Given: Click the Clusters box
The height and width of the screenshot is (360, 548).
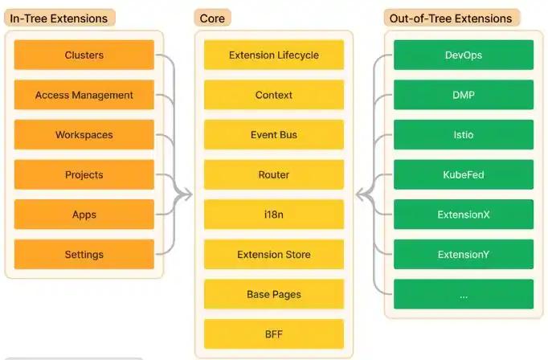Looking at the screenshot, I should (x=84, y=55).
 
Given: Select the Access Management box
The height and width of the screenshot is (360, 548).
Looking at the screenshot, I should (x=84, y=95).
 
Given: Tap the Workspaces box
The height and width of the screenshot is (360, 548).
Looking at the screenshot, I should (x=84, y=135).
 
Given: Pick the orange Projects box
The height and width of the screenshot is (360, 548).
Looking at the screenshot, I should (x=84, y=174).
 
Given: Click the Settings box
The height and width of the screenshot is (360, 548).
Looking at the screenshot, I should (x=84, y=255).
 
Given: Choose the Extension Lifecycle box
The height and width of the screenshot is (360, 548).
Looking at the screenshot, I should (x=274, y=55).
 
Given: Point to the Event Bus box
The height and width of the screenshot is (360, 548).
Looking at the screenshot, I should (x=274, y=135).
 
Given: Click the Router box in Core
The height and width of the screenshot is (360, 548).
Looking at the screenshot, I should (x=274, y=174).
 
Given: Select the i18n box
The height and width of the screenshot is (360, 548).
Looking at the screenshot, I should (x=274, y=215).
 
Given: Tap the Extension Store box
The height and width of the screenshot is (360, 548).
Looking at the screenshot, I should (x=274, y=255).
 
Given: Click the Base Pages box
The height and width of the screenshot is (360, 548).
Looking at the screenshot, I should (x=274, y=294).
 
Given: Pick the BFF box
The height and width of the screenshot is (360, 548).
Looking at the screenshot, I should (x=274, y=333).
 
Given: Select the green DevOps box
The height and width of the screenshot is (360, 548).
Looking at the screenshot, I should (x=464, y=55).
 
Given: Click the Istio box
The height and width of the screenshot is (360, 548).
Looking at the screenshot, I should (x=464, y=135).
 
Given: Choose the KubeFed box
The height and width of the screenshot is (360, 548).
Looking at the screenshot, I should (x=464, y=174).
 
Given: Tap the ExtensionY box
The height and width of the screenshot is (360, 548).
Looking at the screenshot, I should (x=464, y=255).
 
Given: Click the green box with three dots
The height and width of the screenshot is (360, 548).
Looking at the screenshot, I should (x=464, y=294).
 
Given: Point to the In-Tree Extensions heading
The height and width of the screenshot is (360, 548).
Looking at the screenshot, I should (x=58, y=18).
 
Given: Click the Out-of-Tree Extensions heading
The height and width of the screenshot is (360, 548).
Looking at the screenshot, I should (x=450, y=18).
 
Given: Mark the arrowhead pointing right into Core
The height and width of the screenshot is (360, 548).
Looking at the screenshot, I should (x=186, y=194).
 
